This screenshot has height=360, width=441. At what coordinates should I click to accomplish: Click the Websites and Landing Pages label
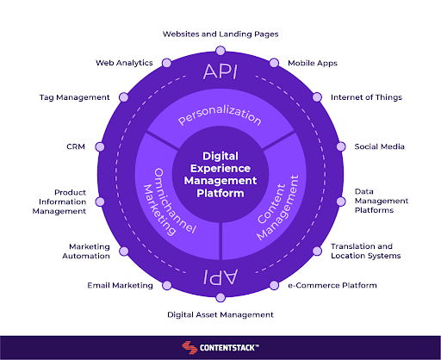point(220,34)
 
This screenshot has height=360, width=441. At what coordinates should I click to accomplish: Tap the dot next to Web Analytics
point(167,63)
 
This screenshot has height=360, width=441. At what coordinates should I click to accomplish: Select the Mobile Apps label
point(313,63)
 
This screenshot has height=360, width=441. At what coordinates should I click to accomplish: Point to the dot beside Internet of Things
point(317,97)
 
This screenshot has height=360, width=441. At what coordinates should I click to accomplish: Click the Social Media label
point(379,146)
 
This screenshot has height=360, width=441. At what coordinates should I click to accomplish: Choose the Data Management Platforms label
point(382,201)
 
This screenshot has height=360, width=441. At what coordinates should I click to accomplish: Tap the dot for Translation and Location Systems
point(317,251)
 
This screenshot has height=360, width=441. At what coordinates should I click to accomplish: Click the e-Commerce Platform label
point(332,285)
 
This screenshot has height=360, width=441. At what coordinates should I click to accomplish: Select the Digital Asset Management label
point(220,315)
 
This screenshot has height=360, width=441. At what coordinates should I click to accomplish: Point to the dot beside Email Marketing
point(167,285)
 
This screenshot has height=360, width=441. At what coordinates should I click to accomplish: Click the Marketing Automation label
point(86,251)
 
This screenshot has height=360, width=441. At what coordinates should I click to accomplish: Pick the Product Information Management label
point(59,202)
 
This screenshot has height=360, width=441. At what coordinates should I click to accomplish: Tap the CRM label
point(76,146)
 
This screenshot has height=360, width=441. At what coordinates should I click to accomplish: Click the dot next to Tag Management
point(124,97)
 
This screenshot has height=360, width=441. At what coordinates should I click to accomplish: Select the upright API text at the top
point(220,71)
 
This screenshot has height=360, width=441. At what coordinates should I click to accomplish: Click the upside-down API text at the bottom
point(220,276)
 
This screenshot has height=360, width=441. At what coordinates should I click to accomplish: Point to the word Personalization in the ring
point(220,115)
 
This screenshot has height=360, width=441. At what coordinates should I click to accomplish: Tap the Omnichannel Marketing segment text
point(170,202)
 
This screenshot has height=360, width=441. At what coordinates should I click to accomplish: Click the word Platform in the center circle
point(220,193)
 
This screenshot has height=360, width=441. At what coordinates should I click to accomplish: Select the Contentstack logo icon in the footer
point(189,347)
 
